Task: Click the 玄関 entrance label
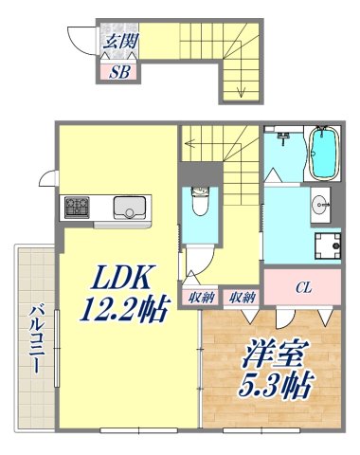click(118, 41)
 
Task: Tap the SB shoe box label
click(120, 71)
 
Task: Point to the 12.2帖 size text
click(122, 307)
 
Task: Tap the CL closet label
click(303, 284)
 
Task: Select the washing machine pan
click(328, 244)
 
